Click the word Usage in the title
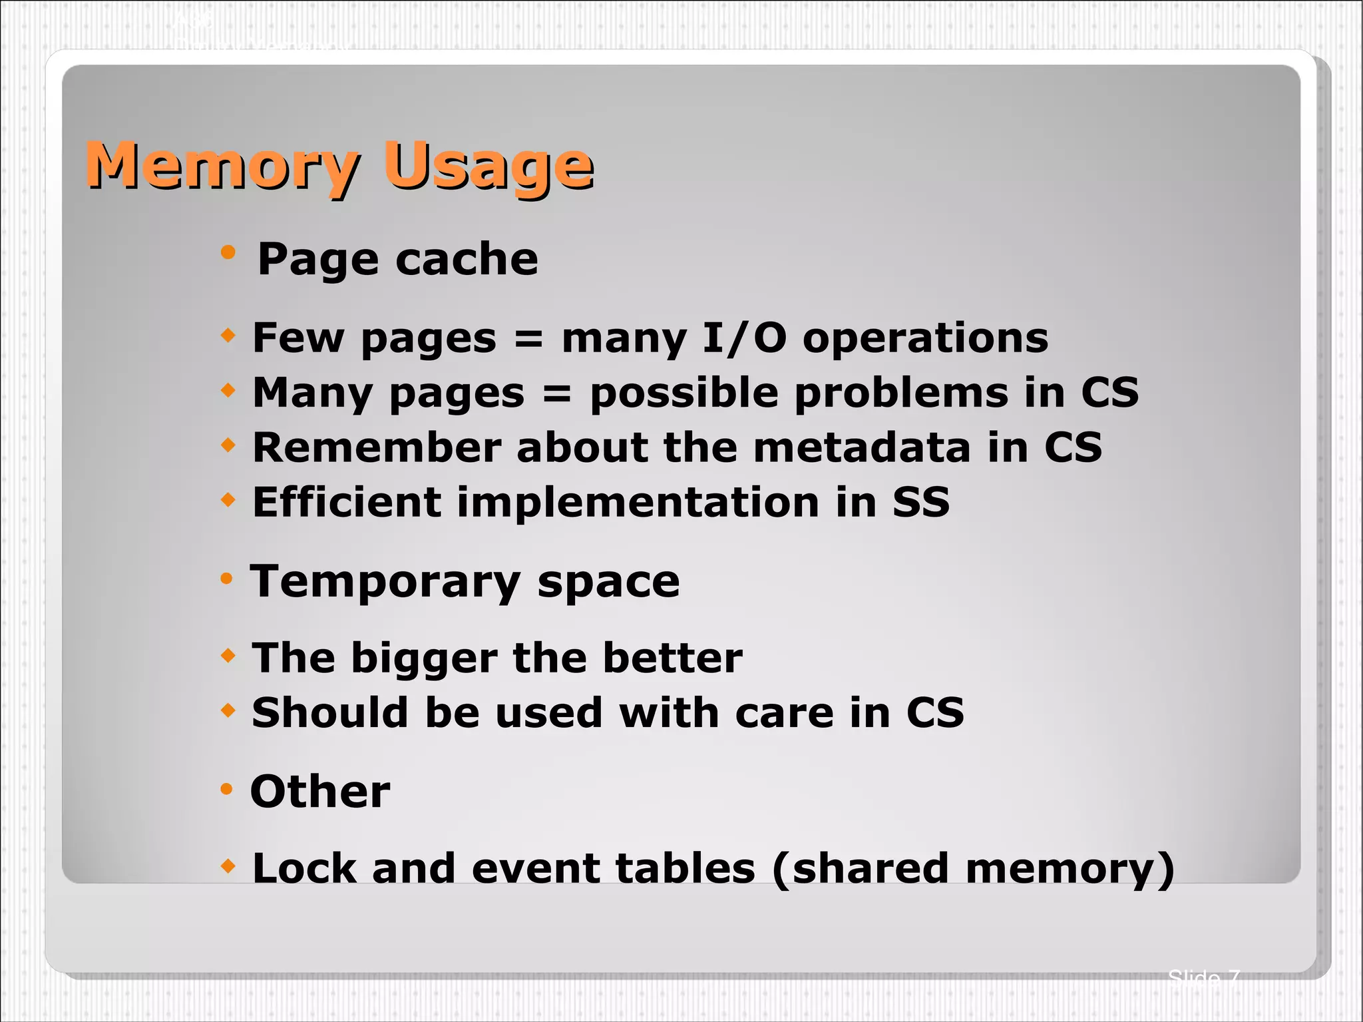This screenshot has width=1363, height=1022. tap(488, 166)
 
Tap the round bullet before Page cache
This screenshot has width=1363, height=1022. tap(228, 252)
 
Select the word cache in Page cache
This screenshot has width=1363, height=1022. tap(467, 259)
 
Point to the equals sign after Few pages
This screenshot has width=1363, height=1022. tap(529, 339)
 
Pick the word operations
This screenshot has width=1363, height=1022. tap(925, 339)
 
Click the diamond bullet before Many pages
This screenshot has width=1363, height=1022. tap(228, 390)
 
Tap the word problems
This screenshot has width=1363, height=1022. tap(901, 393)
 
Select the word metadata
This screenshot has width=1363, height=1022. tap(862, 447)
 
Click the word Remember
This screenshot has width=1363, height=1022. tap(377, 447)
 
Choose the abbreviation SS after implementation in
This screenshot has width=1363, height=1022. tap(921, 503)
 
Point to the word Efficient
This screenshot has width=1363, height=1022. tap(347, 502)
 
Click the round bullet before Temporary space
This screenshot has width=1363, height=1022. tap(227, 579)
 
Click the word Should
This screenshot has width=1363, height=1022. tap(329, 713)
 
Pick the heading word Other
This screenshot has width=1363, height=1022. tap(320, 792)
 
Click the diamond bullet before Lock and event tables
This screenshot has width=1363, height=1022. tap(228, 866)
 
